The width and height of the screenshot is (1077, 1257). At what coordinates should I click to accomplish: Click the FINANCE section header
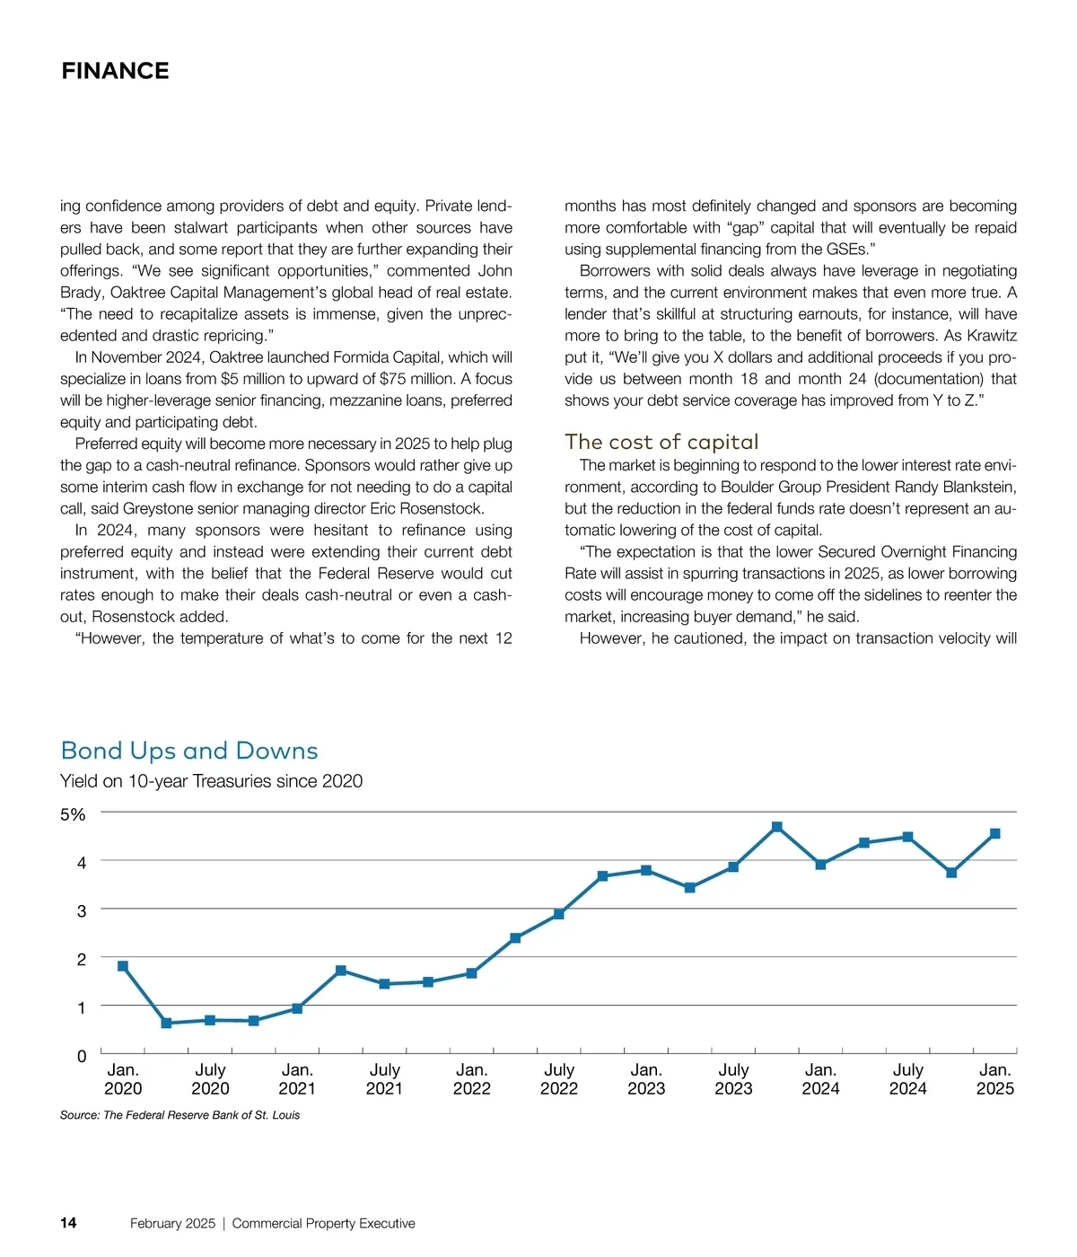[x=115, y=71]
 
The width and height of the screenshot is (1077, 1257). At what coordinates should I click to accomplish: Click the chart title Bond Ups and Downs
[x=189, y=751]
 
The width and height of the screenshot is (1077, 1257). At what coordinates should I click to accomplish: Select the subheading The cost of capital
[x=661, y=442]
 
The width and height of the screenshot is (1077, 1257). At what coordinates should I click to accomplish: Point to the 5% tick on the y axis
[x=73, y=814]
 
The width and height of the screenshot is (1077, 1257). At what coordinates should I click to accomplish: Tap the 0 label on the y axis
[x=82, y=1056]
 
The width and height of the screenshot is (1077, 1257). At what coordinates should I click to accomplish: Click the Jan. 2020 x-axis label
[x=123, y=1079]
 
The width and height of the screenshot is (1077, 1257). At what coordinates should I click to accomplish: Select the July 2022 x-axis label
[x=559, y=1079]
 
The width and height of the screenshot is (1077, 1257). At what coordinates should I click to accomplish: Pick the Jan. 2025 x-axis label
[x=994, y=1079]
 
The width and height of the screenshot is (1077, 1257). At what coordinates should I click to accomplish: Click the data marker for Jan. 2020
[x=123, y=966]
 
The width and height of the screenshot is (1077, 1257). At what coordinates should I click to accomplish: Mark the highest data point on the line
[x=777, y=827]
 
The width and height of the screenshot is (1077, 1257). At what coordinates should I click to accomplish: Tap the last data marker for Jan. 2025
[x=994, y=834]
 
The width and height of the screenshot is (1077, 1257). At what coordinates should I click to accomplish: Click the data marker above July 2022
[x=559, y=914]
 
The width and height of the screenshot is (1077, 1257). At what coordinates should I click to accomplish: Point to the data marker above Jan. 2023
[x=646, y=870]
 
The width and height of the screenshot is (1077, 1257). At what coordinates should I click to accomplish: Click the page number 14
[x=68, y=1223]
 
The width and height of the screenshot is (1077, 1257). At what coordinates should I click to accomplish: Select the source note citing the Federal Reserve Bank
[x=179, y=1115]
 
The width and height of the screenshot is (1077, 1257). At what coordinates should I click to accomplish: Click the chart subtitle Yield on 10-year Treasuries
[x=211, y=781]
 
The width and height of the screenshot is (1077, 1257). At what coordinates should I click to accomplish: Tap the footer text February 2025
[x=172, y=1223]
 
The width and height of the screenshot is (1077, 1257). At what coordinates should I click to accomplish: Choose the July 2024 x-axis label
[x=907, y=1079]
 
